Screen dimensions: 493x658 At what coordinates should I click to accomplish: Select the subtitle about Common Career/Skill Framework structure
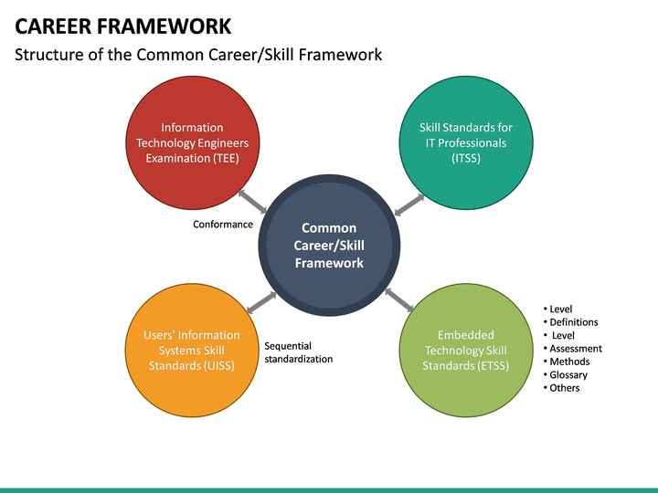pos(198,55)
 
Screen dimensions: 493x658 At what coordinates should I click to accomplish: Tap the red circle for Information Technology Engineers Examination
pos(192,142)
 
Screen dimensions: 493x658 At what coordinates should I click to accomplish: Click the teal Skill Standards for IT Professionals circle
pos(465,142)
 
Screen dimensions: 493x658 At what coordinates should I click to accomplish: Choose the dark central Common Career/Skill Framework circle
pos(329,246)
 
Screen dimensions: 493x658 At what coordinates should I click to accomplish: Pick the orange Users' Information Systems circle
pos(192,350)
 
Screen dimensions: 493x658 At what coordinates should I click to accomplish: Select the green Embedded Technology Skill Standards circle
pos(465,350)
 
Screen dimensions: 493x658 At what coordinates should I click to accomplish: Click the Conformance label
pos(223,225)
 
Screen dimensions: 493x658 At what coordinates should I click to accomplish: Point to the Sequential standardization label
pos(298,352)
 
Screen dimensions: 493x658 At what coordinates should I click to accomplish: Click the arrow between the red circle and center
pos(252,202)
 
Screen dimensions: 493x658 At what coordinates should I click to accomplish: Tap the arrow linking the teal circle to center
pos(409,205)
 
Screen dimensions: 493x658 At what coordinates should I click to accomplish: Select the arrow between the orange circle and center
pos(262,302)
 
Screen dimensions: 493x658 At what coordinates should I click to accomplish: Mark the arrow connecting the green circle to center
pos(399,299)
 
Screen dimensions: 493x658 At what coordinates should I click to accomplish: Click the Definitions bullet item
pos(573,322)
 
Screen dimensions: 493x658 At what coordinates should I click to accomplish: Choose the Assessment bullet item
pos(575,349)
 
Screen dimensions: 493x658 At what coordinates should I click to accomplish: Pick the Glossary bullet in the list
pos(568,375)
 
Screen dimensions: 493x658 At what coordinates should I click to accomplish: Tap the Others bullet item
pos(564,388)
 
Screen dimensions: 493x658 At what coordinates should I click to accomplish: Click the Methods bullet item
pos(569,362)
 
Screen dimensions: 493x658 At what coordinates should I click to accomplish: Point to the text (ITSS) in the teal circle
pos(465,158)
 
